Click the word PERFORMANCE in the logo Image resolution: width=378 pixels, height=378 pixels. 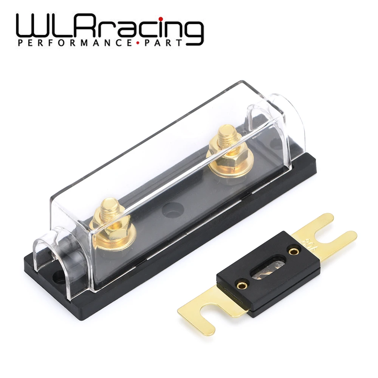[x=74, y=43]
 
